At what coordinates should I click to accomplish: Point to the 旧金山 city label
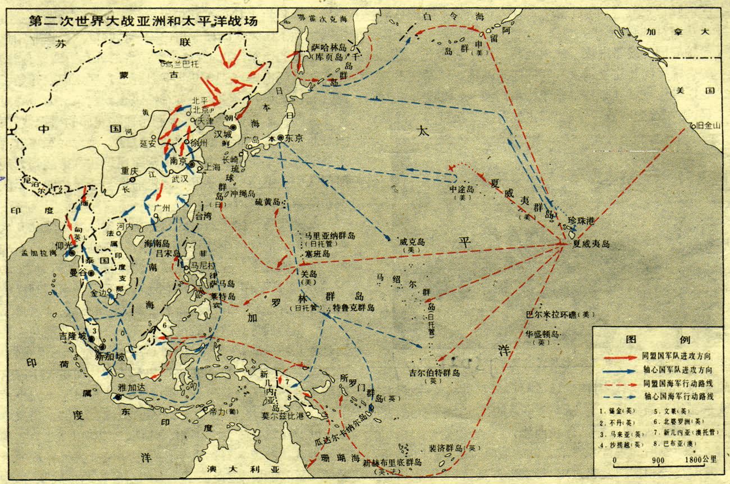click(x=708, y=126)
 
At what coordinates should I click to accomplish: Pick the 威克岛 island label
click(x=412, y=242)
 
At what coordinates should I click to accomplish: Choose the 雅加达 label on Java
click(x=130, y=387)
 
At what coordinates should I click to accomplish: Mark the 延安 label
click(x=148, y=144)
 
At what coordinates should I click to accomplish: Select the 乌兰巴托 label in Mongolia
click(x=182, y=63)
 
